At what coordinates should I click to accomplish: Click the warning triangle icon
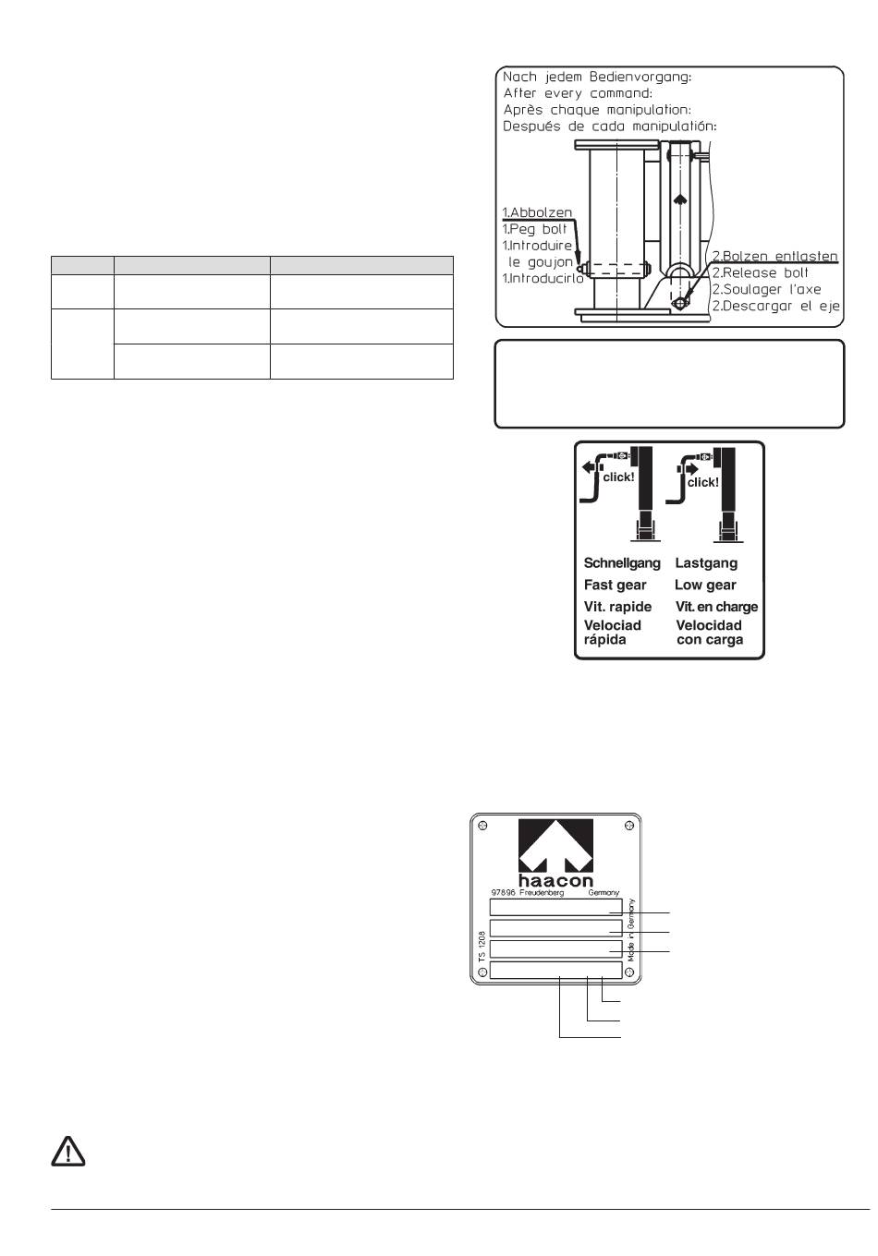(67, 1152)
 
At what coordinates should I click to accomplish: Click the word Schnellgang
(622, 563)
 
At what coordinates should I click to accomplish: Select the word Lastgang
(706, 563)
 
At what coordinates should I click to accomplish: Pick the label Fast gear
(616, 586)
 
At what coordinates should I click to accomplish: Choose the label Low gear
(705, 586)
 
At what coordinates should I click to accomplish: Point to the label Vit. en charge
(716, 607)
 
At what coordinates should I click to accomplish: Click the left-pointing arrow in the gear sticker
(589, 467)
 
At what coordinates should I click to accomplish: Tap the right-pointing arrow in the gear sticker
(689, 468)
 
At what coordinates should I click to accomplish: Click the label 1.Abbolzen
(537, 212)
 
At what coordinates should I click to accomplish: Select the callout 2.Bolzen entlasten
(774, 256)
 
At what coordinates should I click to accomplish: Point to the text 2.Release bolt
(760, 272)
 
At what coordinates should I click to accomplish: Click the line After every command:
(578, 93)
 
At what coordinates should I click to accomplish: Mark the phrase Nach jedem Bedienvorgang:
(597, 78)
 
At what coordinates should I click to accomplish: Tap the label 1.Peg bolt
(535, 229)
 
